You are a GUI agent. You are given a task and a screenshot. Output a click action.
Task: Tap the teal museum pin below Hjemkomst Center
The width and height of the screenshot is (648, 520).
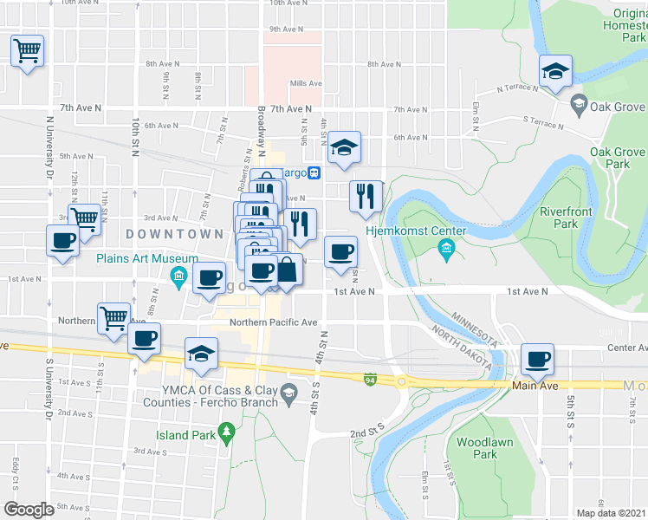pyautogui.click(x=446, y=251)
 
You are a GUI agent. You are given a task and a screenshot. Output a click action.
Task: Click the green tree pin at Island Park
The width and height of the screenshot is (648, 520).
pyautogui.click(x=226, y=430)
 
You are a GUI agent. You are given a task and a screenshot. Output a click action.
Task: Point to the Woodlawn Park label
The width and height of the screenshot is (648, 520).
pyautogui.click(x=476, y=448)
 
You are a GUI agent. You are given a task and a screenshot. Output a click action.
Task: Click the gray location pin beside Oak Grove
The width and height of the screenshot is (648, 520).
pyautogui.click(x=578, y=105)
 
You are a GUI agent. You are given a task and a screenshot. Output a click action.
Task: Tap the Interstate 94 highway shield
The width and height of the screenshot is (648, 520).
pyautogui.click(x=370, y=379)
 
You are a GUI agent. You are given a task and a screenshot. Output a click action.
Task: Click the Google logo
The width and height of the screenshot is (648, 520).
pyautogui.click(x=29, y=509)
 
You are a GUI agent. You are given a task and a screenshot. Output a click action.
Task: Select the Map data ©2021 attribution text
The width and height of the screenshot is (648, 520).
pyautogui.click(x=610, y=513)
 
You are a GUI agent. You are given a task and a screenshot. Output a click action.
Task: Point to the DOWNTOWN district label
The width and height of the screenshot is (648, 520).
pyautogui.click(x=174, y=234)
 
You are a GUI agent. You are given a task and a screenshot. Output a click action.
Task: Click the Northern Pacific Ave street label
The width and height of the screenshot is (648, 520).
pyautogui.click(x=273, y=322)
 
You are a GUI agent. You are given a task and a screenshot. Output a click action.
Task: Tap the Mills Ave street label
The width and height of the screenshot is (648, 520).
pyautogui.click(x=306, y=84)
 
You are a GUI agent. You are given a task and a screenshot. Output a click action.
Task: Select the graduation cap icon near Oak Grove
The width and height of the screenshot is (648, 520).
pyautogui.click(x=554, y=73)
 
